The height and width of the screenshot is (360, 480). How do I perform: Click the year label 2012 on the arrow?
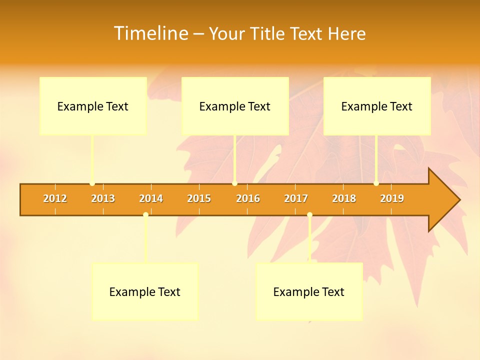click(x=55, y=198)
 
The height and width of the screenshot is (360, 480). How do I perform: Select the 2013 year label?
click(x=103, y=198)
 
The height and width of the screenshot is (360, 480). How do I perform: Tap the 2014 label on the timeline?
click(x=151, y=198)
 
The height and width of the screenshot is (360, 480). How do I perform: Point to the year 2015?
click(x=199, y=198)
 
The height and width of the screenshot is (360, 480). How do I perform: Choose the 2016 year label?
click(x=248, y=198)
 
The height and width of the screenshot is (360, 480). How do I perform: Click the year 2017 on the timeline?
click(x=296, y=198)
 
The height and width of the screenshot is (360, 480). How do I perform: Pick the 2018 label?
click(x=344, y=198)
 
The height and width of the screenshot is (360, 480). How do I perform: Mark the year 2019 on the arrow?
click(x=392, y=198)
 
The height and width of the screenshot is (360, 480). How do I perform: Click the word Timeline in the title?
click(x=150, y=33)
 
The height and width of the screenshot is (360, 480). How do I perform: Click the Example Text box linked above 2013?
click(x=93, y=106)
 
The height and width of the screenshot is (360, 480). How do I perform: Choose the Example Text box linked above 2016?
click(x=235, y=106)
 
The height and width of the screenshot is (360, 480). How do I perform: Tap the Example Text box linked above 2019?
click(x=377, y=106)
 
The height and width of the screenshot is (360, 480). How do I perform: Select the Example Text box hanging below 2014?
click(x=145, y=292)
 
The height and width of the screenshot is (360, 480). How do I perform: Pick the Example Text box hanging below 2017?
click(x=309, y=292)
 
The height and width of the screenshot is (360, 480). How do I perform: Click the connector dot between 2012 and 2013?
click(x=92, y=183)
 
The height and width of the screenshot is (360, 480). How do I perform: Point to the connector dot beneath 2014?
click(x=145, y=215)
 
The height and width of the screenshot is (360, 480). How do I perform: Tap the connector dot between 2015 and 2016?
click(x=234, y=183)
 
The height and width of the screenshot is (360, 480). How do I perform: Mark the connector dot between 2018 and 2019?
click(x=376, y=183)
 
